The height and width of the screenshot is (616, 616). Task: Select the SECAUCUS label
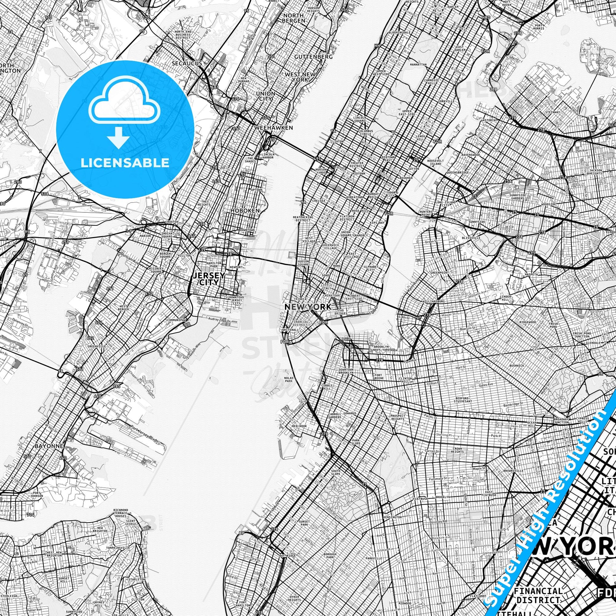click(187, 63)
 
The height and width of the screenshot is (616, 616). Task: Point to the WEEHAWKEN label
click(273, 128)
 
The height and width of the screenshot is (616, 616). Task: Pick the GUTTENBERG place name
click(309, 56)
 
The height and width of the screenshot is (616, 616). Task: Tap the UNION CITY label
click(265, 96)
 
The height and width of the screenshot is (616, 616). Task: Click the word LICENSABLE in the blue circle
click(125, 163)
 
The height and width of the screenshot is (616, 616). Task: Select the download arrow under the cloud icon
click(118, 137)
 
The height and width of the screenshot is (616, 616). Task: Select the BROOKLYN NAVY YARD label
click(381, 348)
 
